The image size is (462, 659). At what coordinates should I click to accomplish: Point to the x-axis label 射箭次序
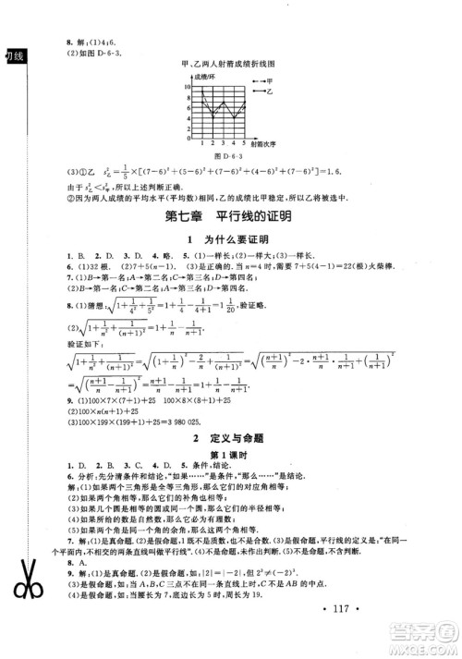[x=264, y=143]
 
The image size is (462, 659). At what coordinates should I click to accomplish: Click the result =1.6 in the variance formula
[x=357, y=173]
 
